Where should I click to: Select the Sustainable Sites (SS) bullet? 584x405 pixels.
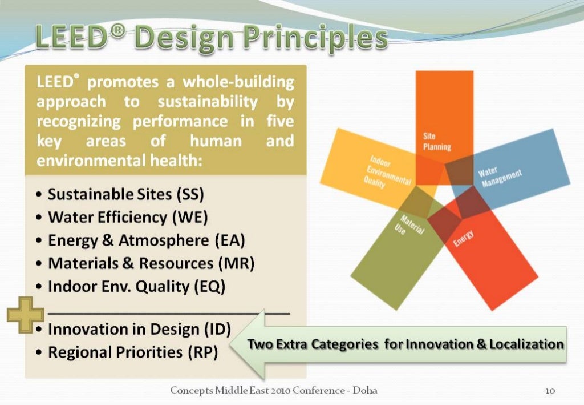click(x=125, y=194)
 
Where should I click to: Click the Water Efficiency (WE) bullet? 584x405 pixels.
click(x=128, y=217)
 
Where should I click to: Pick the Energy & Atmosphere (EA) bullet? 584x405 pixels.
click(x=146, y=240)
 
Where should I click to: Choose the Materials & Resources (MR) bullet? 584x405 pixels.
click(x=151, y=263)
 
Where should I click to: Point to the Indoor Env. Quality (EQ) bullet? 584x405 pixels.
click(x=137, y=286)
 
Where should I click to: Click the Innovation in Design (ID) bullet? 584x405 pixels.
click(x=139, y=330)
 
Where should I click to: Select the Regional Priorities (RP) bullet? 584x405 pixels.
click(x=133, y=352)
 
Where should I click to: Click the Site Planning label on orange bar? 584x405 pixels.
click(x=436, y=142)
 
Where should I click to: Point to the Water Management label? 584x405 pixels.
click(x=501, y=178)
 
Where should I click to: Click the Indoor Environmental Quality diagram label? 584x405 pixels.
click(x=388, y=174)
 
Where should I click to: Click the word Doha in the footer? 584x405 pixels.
click(x=364, y=391)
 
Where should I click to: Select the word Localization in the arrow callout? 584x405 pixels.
click(x=530, y=344)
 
